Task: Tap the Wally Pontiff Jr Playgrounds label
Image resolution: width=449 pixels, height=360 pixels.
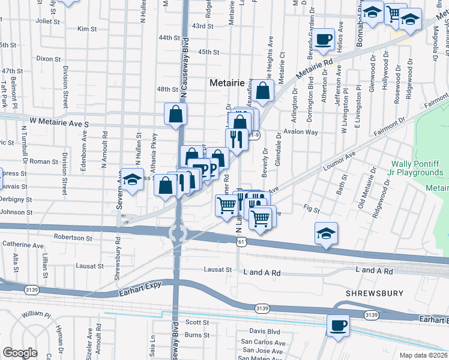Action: click(x=417, y=168)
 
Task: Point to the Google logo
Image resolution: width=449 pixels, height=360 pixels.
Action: click(x=20, y=353)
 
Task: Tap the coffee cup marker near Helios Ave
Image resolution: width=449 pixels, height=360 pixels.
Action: click(x=324, y=40)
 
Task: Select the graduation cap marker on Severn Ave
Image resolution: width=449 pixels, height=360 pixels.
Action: click(x=131, y=179)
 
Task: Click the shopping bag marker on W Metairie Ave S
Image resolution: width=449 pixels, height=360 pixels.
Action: click(x=176, y=114)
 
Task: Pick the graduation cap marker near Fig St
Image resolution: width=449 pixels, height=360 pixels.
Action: click(x=326, y=233)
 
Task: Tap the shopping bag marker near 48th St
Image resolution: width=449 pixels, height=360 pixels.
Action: click(x=263, y=91)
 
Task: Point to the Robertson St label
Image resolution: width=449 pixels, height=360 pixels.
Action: click(x=72, y=238)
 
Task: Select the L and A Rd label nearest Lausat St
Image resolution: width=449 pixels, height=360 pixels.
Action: click(x=262, y=272)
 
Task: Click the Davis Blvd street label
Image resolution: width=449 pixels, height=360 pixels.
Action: click(x=265, y=331)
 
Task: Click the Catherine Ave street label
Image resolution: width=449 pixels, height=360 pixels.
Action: click(x=23, y=245)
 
